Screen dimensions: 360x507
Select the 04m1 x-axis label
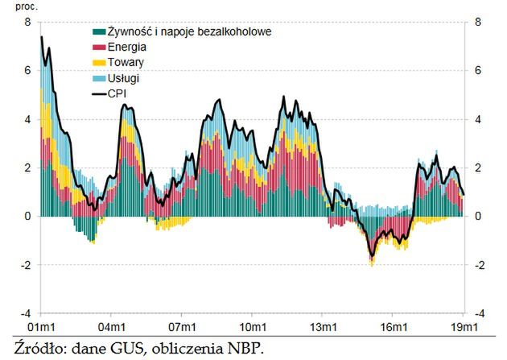[x=110, y=327]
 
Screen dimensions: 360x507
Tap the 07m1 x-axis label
[x=181, y=327]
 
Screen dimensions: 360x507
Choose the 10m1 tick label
[x=252, y=327]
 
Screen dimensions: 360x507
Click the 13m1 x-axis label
[x=323, y=327]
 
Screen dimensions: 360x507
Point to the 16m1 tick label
[x=394, y=327]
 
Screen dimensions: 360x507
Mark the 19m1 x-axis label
[x=464, y=327]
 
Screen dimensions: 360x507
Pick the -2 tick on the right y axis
[x=480, y=264]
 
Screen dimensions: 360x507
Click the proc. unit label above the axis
[x=16, y=6]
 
